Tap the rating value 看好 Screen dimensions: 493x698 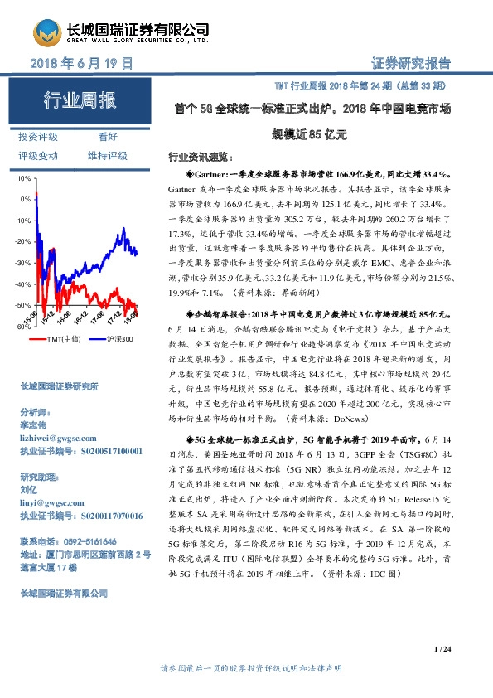108,137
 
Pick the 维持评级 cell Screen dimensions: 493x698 107,155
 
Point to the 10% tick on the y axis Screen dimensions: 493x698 24,178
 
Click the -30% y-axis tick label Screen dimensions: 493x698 22,263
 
